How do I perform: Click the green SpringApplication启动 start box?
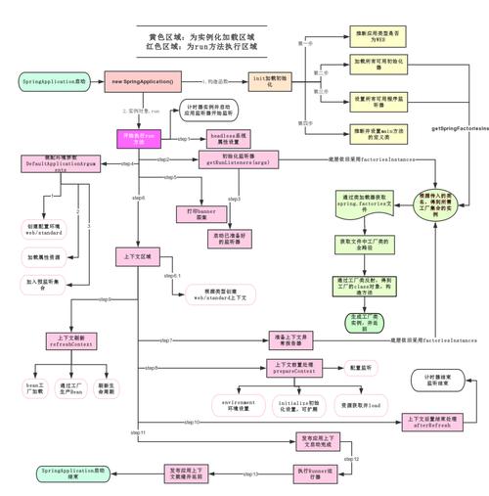point(53,81)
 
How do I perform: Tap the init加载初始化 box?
point(273,81)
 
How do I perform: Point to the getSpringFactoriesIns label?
point(459,127)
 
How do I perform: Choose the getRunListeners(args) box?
point(239,159)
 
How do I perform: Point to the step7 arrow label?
point(164,339)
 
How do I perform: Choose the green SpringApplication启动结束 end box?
point(71,473)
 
